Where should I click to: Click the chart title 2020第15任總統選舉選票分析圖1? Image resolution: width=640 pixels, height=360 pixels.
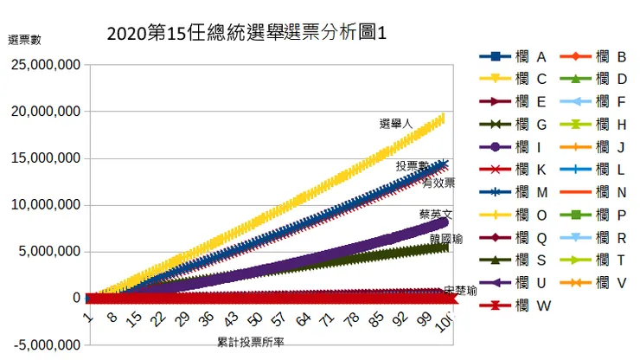pos(246,35)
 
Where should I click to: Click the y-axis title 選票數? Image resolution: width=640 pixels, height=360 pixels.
pos(24,39)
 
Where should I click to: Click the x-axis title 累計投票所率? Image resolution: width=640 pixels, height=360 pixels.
pos(251,343)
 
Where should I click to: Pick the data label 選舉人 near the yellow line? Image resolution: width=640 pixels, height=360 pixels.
pos(396,124)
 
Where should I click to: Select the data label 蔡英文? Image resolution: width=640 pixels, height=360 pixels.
pos(435,213)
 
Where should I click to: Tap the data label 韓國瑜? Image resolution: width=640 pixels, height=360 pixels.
pos(445,237)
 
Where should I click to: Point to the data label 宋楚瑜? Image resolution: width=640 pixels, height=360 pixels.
pos(460,292)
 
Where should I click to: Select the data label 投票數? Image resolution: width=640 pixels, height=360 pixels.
pos(412,164)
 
